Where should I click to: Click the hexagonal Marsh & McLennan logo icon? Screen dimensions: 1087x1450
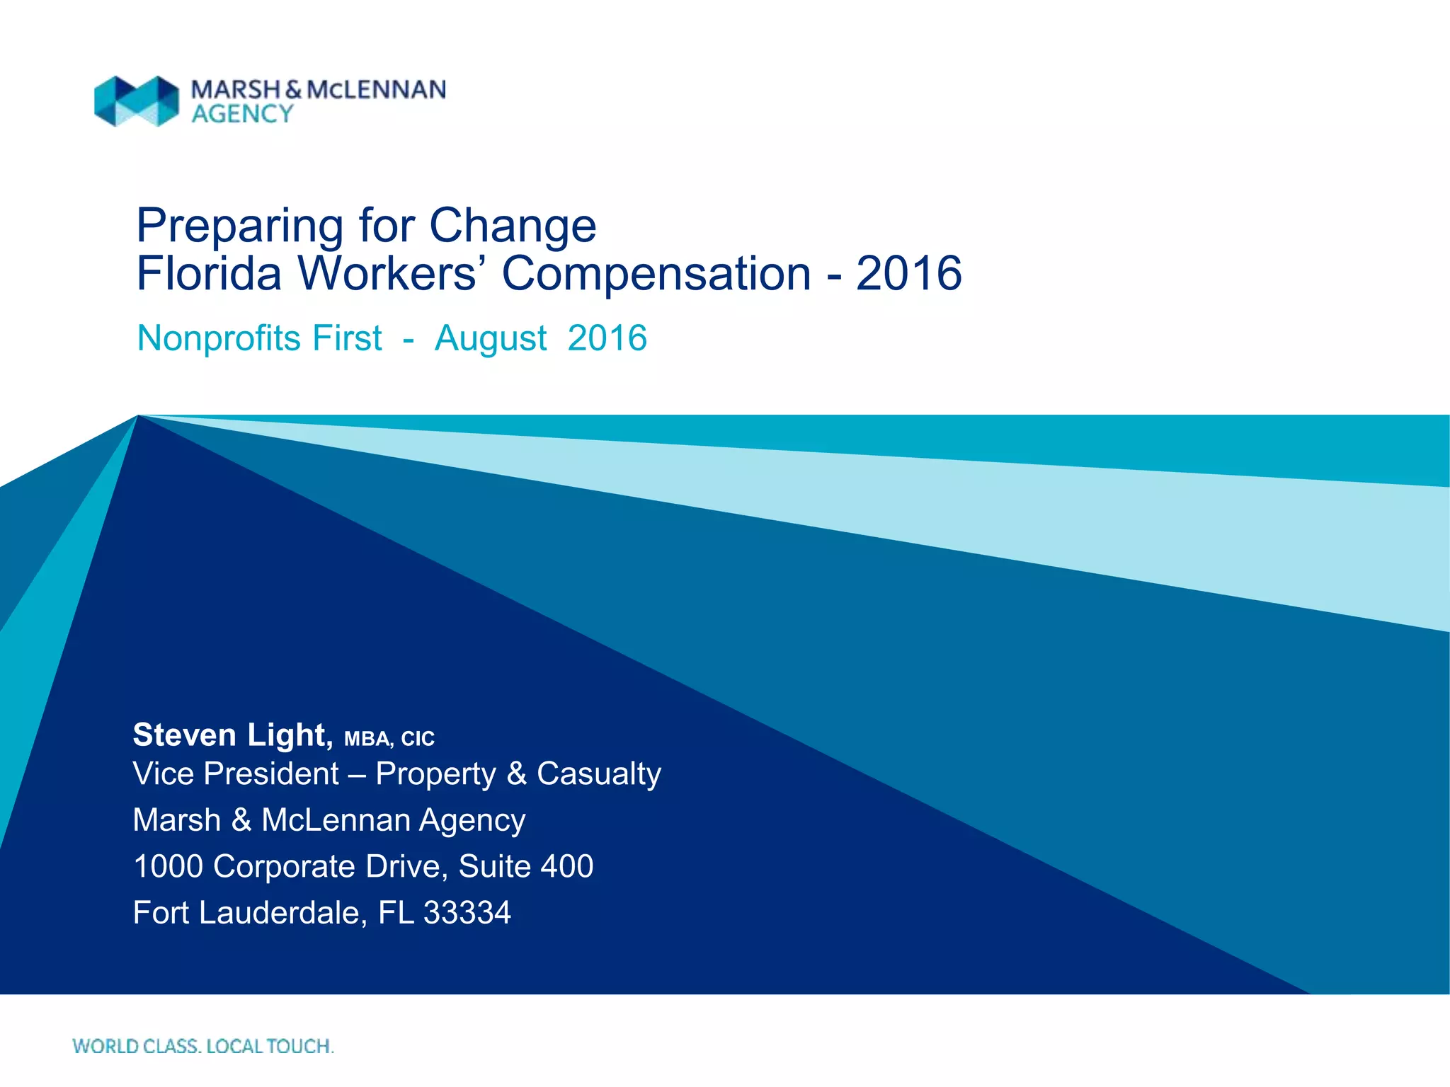pos(137,101)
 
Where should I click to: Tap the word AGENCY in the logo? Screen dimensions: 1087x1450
pos(242,114)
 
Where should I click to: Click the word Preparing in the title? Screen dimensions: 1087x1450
pos(239,226)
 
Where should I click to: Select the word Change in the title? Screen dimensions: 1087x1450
pos(513,226)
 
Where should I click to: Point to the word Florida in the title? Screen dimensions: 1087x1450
pos(209,274)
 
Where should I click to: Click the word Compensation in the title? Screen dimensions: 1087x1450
pos(656,274)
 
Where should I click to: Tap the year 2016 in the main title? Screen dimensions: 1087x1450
pos(908,274)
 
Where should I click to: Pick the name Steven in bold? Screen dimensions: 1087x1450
pos(185,735)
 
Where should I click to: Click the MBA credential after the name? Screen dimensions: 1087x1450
pos(367,740)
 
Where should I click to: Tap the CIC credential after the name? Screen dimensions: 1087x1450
pos(418,740)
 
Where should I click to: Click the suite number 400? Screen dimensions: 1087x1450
pos(567,867)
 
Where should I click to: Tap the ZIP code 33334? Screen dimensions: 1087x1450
pos(467,913)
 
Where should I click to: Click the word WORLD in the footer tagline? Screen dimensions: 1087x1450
pos(105,1046)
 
